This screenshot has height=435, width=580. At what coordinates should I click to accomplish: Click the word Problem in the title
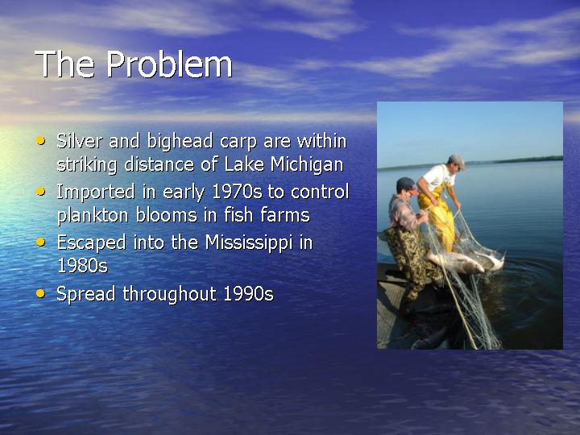pos(170,64)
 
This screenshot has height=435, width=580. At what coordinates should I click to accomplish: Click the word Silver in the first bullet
pos(79,141)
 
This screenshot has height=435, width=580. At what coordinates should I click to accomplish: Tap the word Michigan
pos(307,164)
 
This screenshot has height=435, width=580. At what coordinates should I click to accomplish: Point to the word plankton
pos(94,215)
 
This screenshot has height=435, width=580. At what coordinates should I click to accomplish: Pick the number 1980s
pos(82,266)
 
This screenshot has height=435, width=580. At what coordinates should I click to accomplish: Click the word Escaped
pos(91,243)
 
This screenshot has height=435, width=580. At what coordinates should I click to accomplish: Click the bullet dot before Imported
pos(40,191)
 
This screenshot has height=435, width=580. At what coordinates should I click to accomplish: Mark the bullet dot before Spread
pos(40,294)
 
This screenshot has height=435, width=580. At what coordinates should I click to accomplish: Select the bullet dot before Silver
pos(40,140)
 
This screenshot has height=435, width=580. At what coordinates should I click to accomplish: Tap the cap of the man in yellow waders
pos(457,160)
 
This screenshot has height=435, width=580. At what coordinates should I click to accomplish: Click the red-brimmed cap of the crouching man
pos(407,184)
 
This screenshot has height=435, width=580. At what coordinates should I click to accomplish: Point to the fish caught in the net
pos(466,261)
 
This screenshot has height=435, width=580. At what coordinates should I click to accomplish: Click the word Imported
pos(95,193)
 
